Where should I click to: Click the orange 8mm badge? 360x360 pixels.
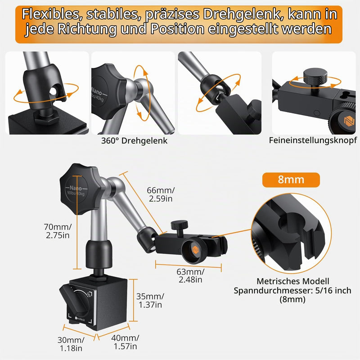pos(291,180)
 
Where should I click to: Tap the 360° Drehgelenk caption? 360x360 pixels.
pos(134,141)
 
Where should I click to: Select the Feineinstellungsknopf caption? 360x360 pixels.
pos(313,140)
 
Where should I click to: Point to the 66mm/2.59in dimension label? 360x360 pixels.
pos(161,194)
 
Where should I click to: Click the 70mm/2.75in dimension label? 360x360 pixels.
pos(58,231)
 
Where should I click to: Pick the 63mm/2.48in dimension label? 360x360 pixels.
pos(190,275)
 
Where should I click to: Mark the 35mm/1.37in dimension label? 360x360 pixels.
pos(150,301)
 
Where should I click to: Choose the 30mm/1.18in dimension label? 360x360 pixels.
pos(71,344)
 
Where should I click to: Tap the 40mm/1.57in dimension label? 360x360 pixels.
pos(125,342)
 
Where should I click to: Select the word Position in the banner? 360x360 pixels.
pos(177,29)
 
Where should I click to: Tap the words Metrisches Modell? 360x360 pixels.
pos(293,281)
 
